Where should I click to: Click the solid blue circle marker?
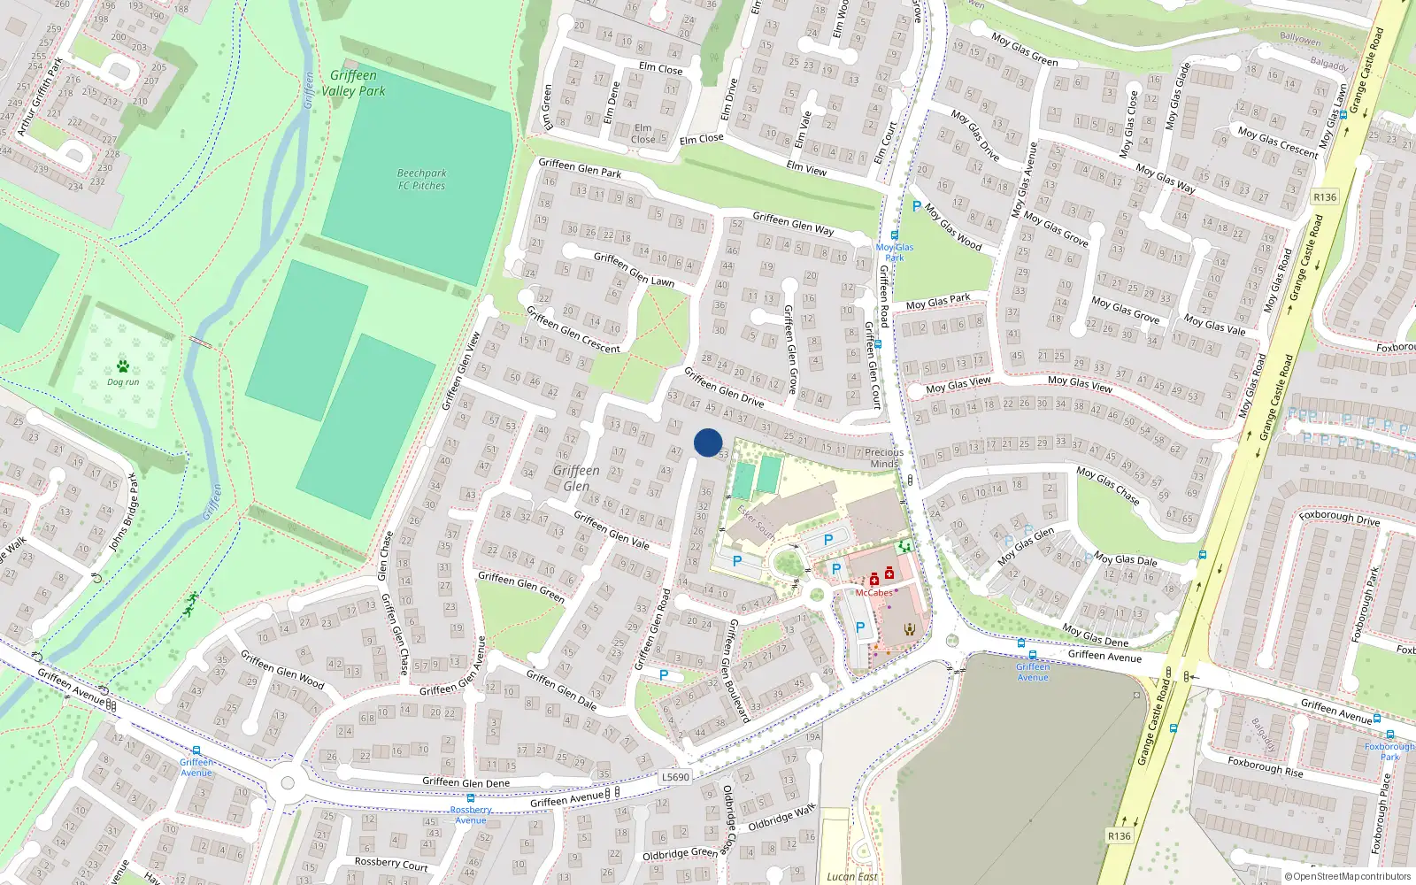click(x=708, y=442)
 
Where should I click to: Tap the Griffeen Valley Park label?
click(x=353, y=83)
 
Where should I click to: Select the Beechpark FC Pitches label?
click(x=421, y=180)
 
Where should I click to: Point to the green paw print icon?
click(x=123, y=366)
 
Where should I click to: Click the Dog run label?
click(x=123, y=382)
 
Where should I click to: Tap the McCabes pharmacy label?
click(x=873, y=593)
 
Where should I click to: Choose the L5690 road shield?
click(x=675, y=777)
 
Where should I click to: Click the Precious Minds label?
click(x=884, y=458)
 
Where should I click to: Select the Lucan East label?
click(x=852, y=877)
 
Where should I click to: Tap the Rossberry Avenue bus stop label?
click(x=471, y=814)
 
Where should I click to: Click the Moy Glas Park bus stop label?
click(x=895, y=252)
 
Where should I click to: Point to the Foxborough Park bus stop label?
click(x=1390, y=751)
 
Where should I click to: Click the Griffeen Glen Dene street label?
click(x=466, y=782)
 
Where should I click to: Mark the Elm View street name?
click(x=806, y=168)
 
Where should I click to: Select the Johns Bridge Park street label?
click(x=124, y=513)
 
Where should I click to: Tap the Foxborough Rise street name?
click(x=1265, y=766)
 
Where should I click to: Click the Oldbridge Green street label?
click(x=680, y=854)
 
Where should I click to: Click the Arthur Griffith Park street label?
click(x=40, y=97)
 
